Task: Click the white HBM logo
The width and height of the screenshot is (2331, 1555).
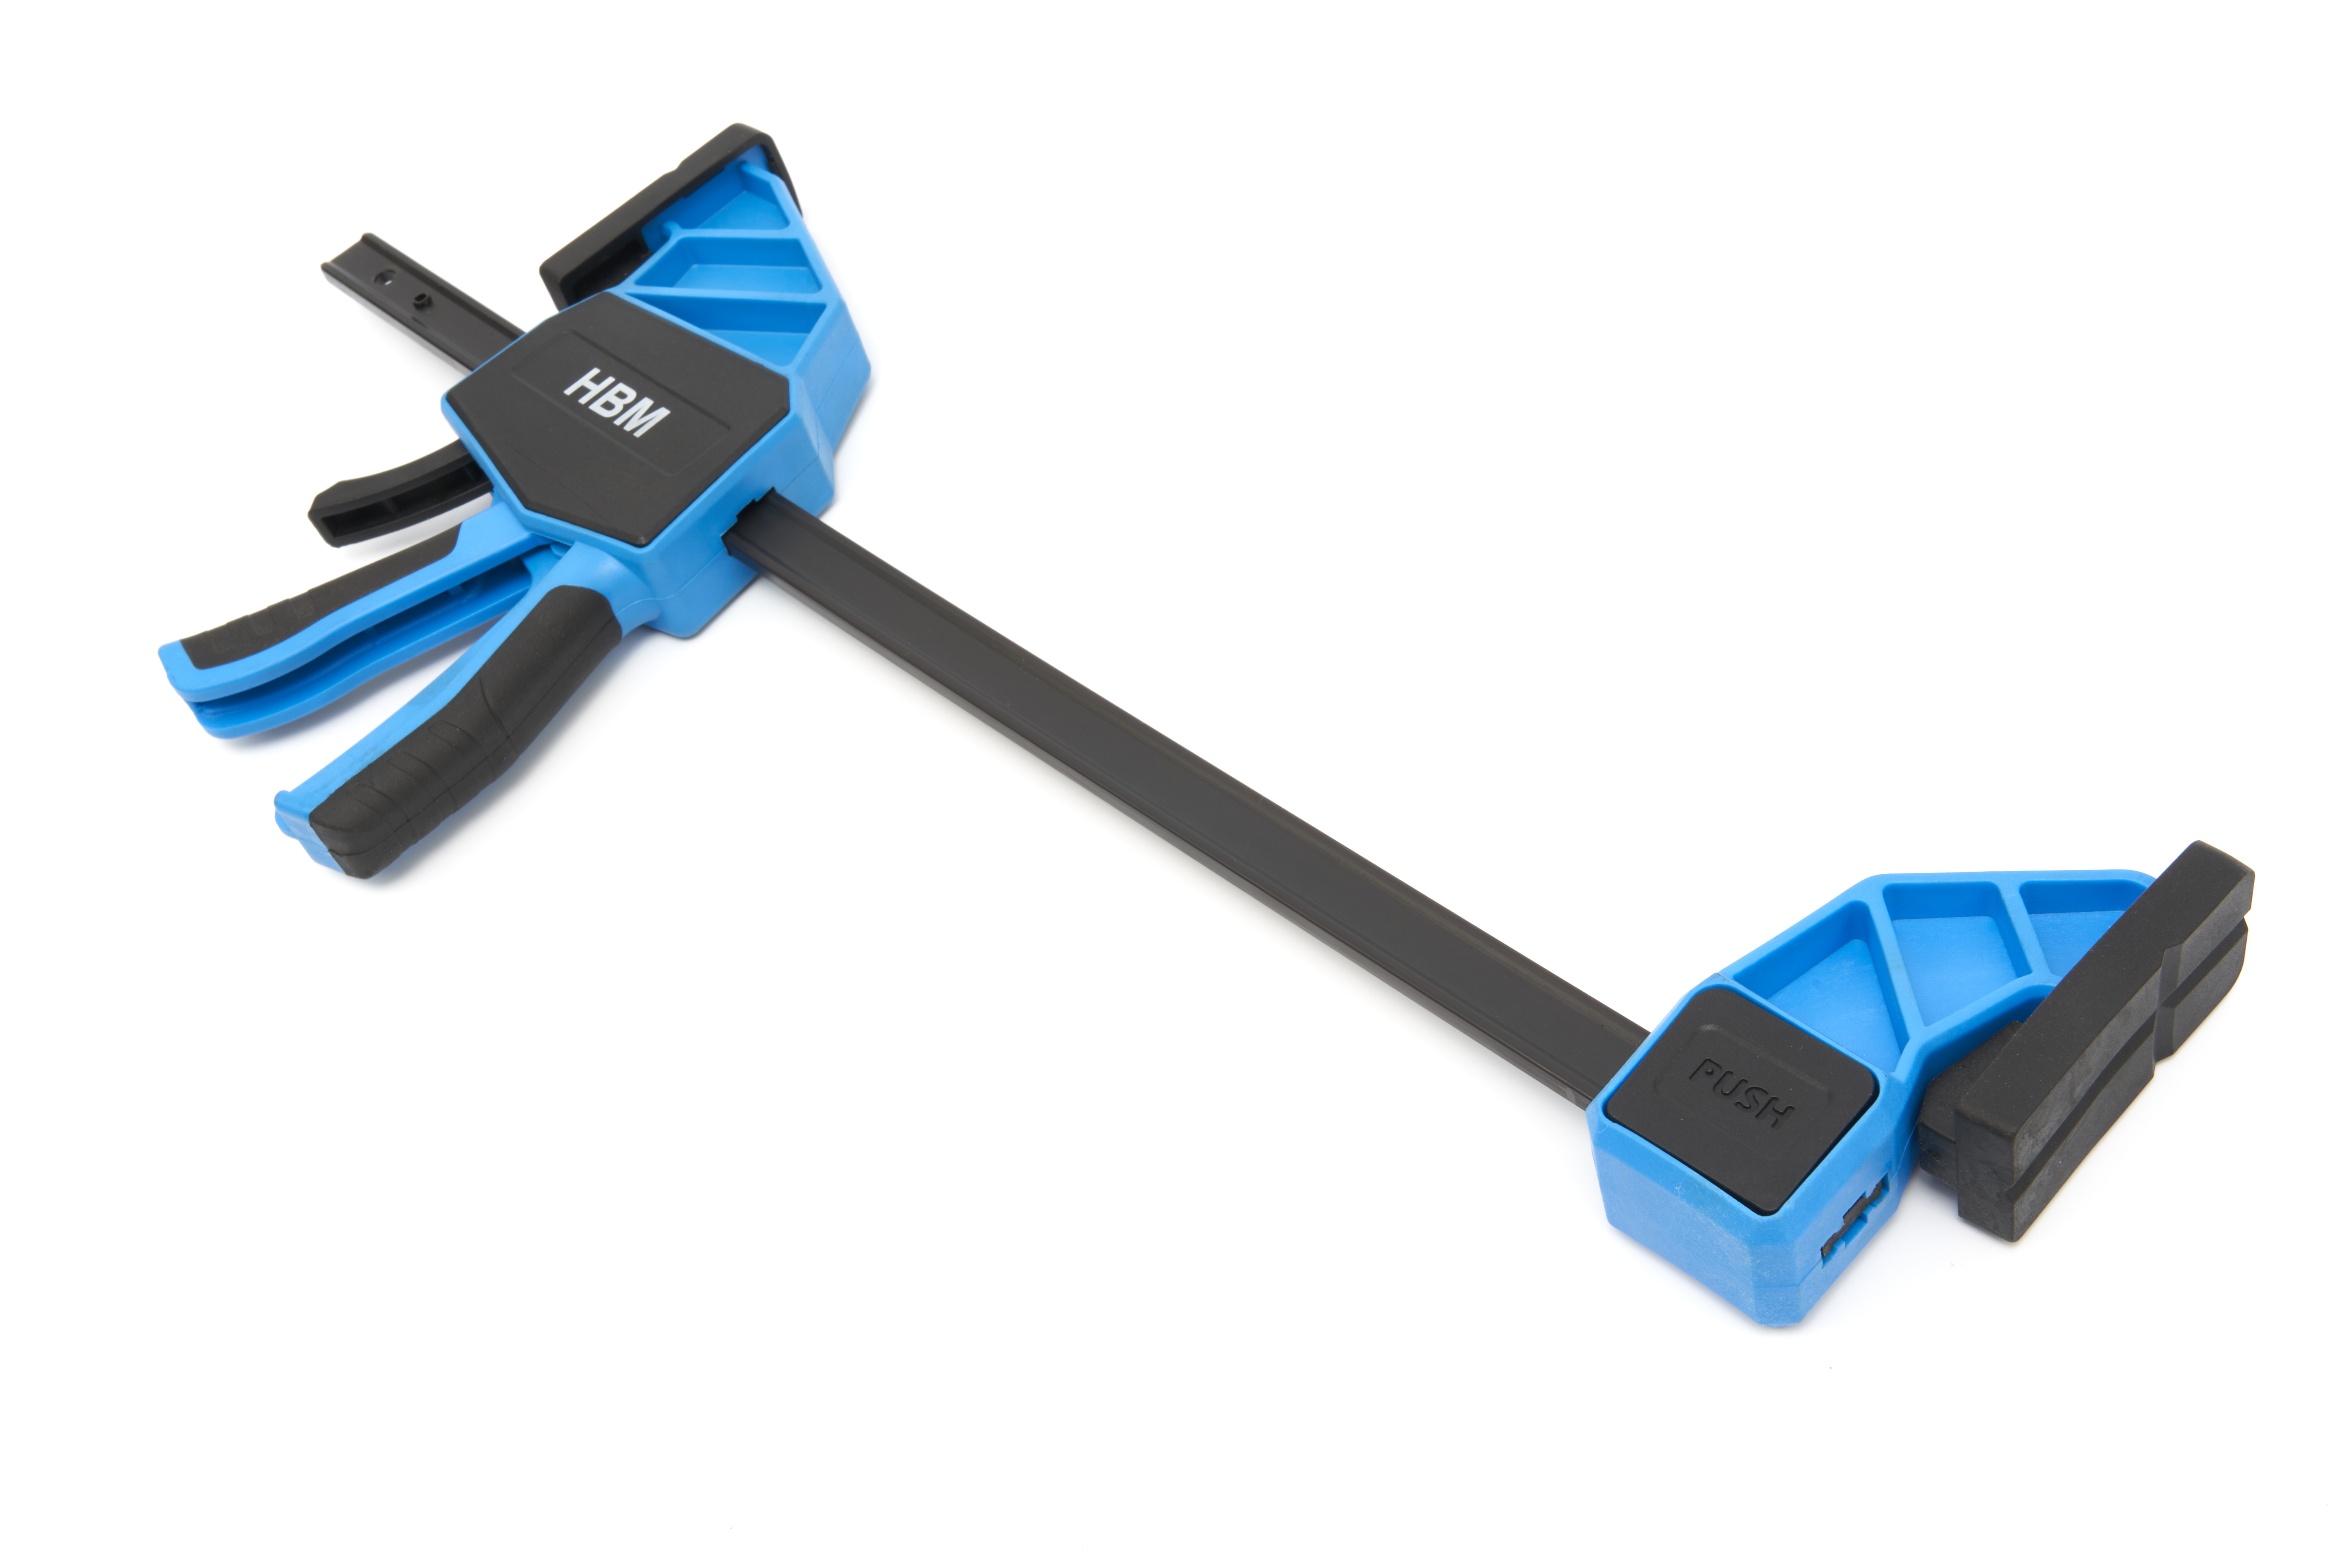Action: pos(616,401)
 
